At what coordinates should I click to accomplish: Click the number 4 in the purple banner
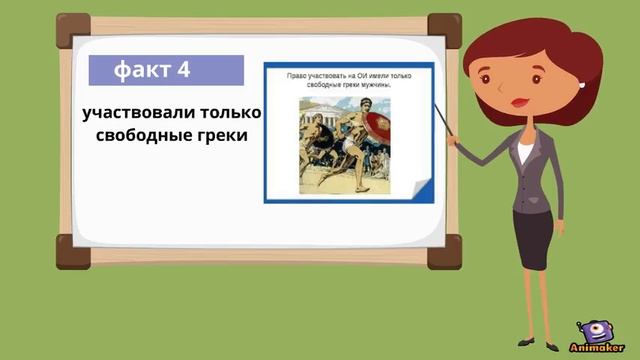click(181, 70)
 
